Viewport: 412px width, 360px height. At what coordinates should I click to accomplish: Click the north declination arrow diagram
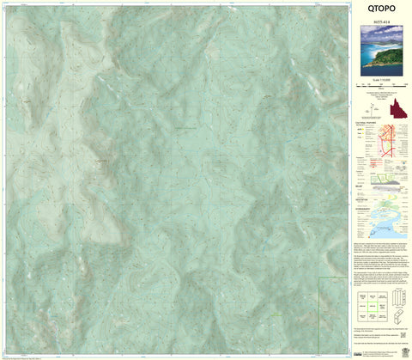pyautogui.click(x=375, y=107)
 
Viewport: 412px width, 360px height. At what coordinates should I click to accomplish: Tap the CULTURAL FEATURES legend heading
pyautogui.click(x=367, y=123)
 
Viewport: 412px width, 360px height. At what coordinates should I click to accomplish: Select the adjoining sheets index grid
pyautogui.click(x=373, y=306)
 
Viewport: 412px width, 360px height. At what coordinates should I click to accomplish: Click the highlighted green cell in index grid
pyautogui.click(x=373, y=306)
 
